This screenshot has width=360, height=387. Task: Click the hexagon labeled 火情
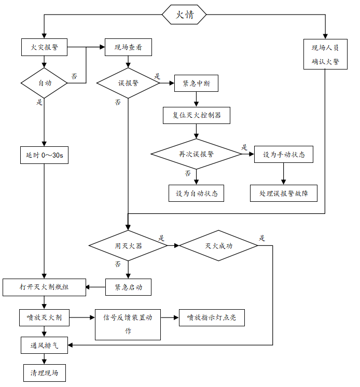pyautogui.click(x=184, y=15)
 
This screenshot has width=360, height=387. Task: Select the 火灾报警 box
pyautogui.click(x=44, y=48)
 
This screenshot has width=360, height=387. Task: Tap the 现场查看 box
pyautogui.click(x=128, y=48)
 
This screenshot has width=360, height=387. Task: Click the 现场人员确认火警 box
pyautogui.click(x=325, y=54)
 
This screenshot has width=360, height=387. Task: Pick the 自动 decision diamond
pyautogui.click(x=44, y=83)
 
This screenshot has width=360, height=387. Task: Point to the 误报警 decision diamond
pyautogui.click(x=128, y=83)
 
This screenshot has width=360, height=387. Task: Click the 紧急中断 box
pyautogui.click(x=197, y=83)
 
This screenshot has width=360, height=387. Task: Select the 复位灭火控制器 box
pyautogui.click(x=197, y=115)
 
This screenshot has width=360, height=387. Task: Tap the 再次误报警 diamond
pyautogui.click(x=197, y=154)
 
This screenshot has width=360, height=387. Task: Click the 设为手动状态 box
pyautogui.click(x=284, y=154)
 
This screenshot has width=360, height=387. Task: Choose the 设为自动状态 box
pyautogui.click(x=197, y=193)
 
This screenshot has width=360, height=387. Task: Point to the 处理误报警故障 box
pyautogui.click(x=284, y=193)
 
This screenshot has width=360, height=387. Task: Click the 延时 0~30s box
pyautogui.click(x=44, y=155)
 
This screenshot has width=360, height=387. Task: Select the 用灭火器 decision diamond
pyautogui.click(x=128, y=245)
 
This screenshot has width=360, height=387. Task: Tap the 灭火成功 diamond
pyautogui.click(x=218, y=245)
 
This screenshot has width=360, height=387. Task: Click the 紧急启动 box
pyautogui.click(x=128, y=287)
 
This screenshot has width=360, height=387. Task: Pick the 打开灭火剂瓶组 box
pyautogui.click(x=44, y=287)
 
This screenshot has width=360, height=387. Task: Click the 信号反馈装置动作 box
pyautogui.click(x=128, y=325)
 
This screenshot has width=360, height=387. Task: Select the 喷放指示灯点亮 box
pyautogui.click(x=211, y=317)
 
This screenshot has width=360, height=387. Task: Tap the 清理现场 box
pyautogui.click(x=44, y=373)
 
